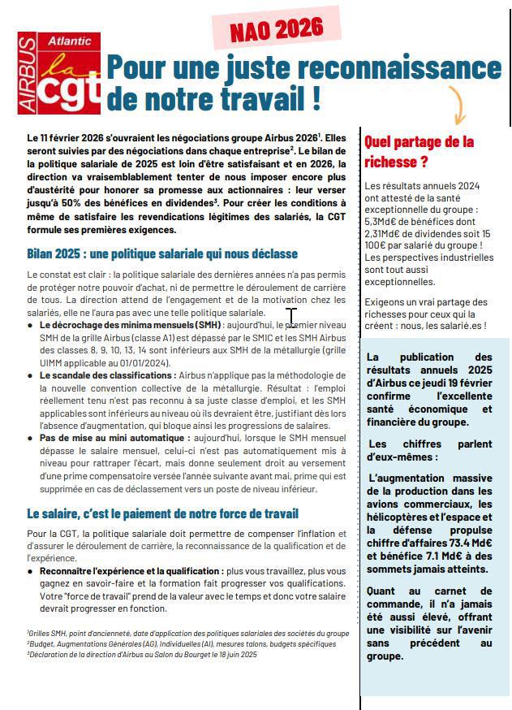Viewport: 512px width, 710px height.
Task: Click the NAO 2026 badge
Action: [277, 31]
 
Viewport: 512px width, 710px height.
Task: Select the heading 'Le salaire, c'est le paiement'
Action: [162, 513]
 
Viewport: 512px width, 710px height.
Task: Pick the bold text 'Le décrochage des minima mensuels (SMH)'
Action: [130, 325]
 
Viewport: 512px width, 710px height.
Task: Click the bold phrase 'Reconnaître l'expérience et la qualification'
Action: [131, 572]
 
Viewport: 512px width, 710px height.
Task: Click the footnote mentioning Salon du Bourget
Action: [142, 653]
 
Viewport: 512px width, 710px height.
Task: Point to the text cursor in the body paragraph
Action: [291, 318]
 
